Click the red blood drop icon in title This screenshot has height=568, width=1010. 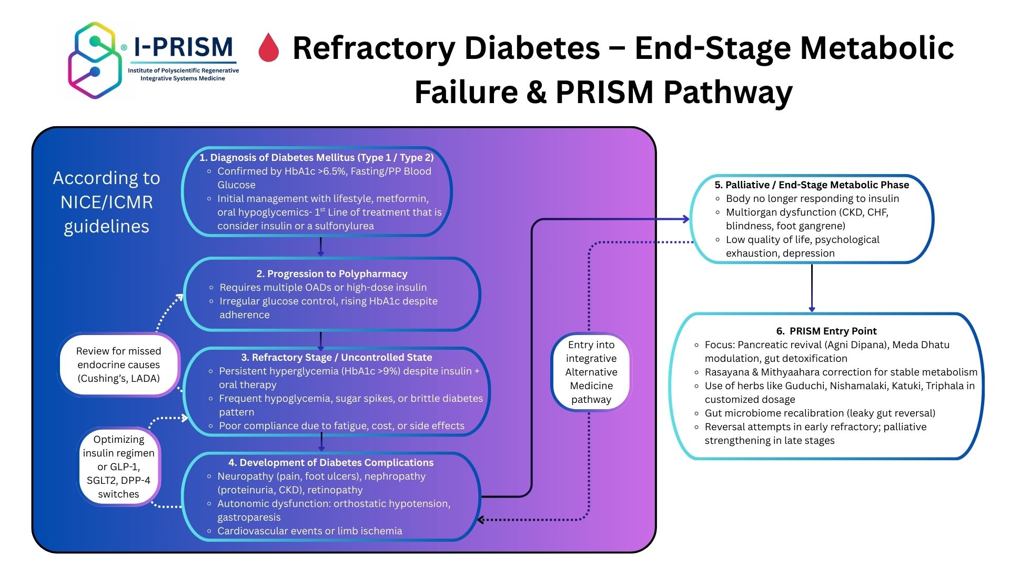268,48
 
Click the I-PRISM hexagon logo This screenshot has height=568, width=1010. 95,60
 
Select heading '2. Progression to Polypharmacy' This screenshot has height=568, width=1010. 331,273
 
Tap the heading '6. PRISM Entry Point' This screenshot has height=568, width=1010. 826,331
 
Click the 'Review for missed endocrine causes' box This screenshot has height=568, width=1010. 118,364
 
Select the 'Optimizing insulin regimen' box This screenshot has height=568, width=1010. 118,466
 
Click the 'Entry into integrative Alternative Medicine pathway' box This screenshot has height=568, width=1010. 591,372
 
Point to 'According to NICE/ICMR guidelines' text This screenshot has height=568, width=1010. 107,202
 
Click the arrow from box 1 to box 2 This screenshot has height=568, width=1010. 320,247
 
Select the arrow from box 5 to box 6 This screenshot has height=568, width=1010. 812,288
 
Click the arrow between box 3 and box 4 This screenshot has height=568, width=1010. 321,442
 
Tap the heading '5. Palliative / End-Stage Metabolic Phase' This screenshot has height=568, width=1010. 811,185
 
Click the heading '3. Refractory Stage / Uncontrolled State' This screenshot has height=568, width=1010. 336,357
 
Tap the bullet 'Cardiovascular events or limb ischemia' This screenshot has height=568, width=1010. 309,531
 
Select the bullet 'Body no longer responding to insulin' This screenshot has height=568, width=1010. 812,198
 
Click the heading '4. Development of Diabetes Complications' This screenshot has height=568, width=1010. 330,462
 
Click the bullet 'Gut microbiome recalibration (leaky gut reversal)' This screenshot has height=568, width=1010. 820,413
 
